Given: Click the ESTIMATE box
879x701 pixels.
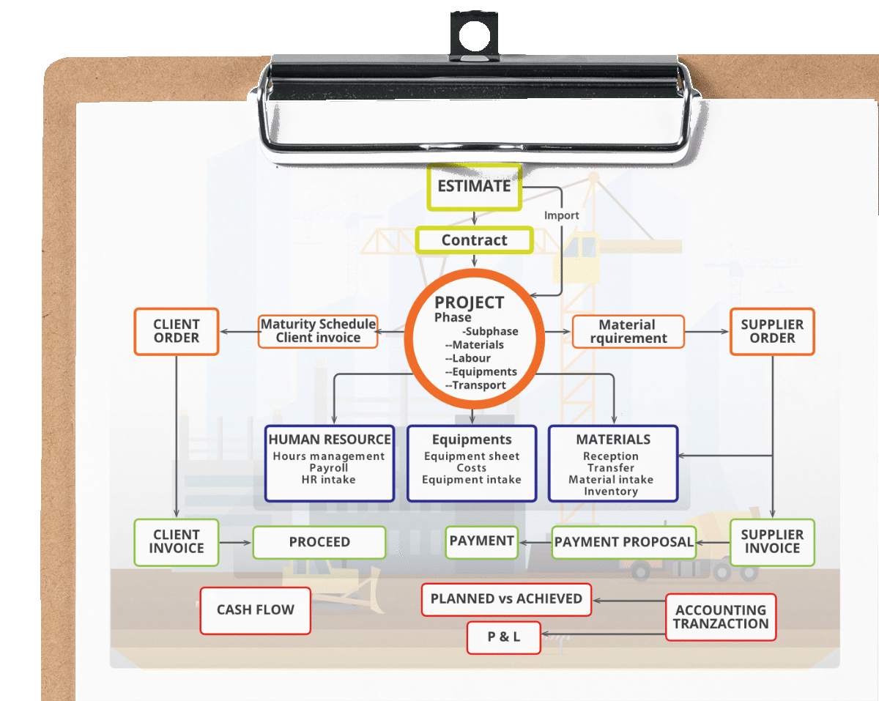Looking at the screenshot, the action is tap(474, 187).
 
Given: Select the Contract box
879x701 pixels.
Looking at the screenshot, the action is tap(474, 240).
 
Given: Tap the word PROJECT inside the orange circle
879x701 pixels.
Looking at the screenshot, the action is tap(469, 303).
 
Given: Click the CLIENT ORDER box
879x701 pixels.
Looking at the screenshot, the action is tap(177, 331).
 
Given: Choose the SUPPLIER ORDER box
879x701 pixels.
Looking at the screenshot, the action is tap(772, 331).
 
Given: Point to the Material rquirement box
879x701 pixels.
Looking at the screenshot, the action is tap(628, 332).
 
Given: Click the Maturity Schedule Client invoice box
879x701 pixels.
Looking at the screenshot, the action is tap(318, 331).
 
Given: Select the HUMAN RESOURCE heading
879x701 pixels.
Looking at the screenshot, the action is tap(329, 439).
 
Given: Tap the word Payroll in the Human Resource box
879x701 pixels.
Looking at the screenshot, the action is tap(328, 468).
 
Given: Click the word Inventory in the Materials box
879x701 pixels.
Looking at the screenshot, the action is tap(611, 491).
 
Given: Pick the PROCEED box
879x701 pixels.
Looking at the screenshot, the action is tap(319, 542).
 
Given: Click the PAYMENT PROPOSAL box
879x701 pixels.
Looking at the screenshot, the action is tap(623, 542).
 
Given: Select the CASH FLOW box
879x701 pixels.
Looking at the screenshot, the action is tap(256, 610).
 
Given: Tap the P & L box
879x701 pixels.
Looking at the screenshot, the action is tap(504, 637).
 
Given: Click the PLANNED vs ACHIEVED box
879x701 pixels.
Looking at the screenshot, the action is tap(506, 599).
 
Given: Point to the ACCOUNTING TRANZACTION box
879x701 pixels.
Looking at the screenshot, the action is tap(721, 617).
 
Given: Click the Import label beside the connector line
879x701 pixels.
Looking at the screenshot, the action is tap(561, 215).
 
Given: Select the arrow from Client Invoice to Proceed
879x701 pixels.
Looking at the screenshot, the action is tap(235, 543).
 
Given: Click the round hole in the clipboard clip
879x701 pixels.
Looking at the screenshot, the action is tap(474, 35).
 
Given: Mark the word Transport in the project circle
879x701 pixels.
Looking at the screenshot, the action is tap(479, 385).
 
